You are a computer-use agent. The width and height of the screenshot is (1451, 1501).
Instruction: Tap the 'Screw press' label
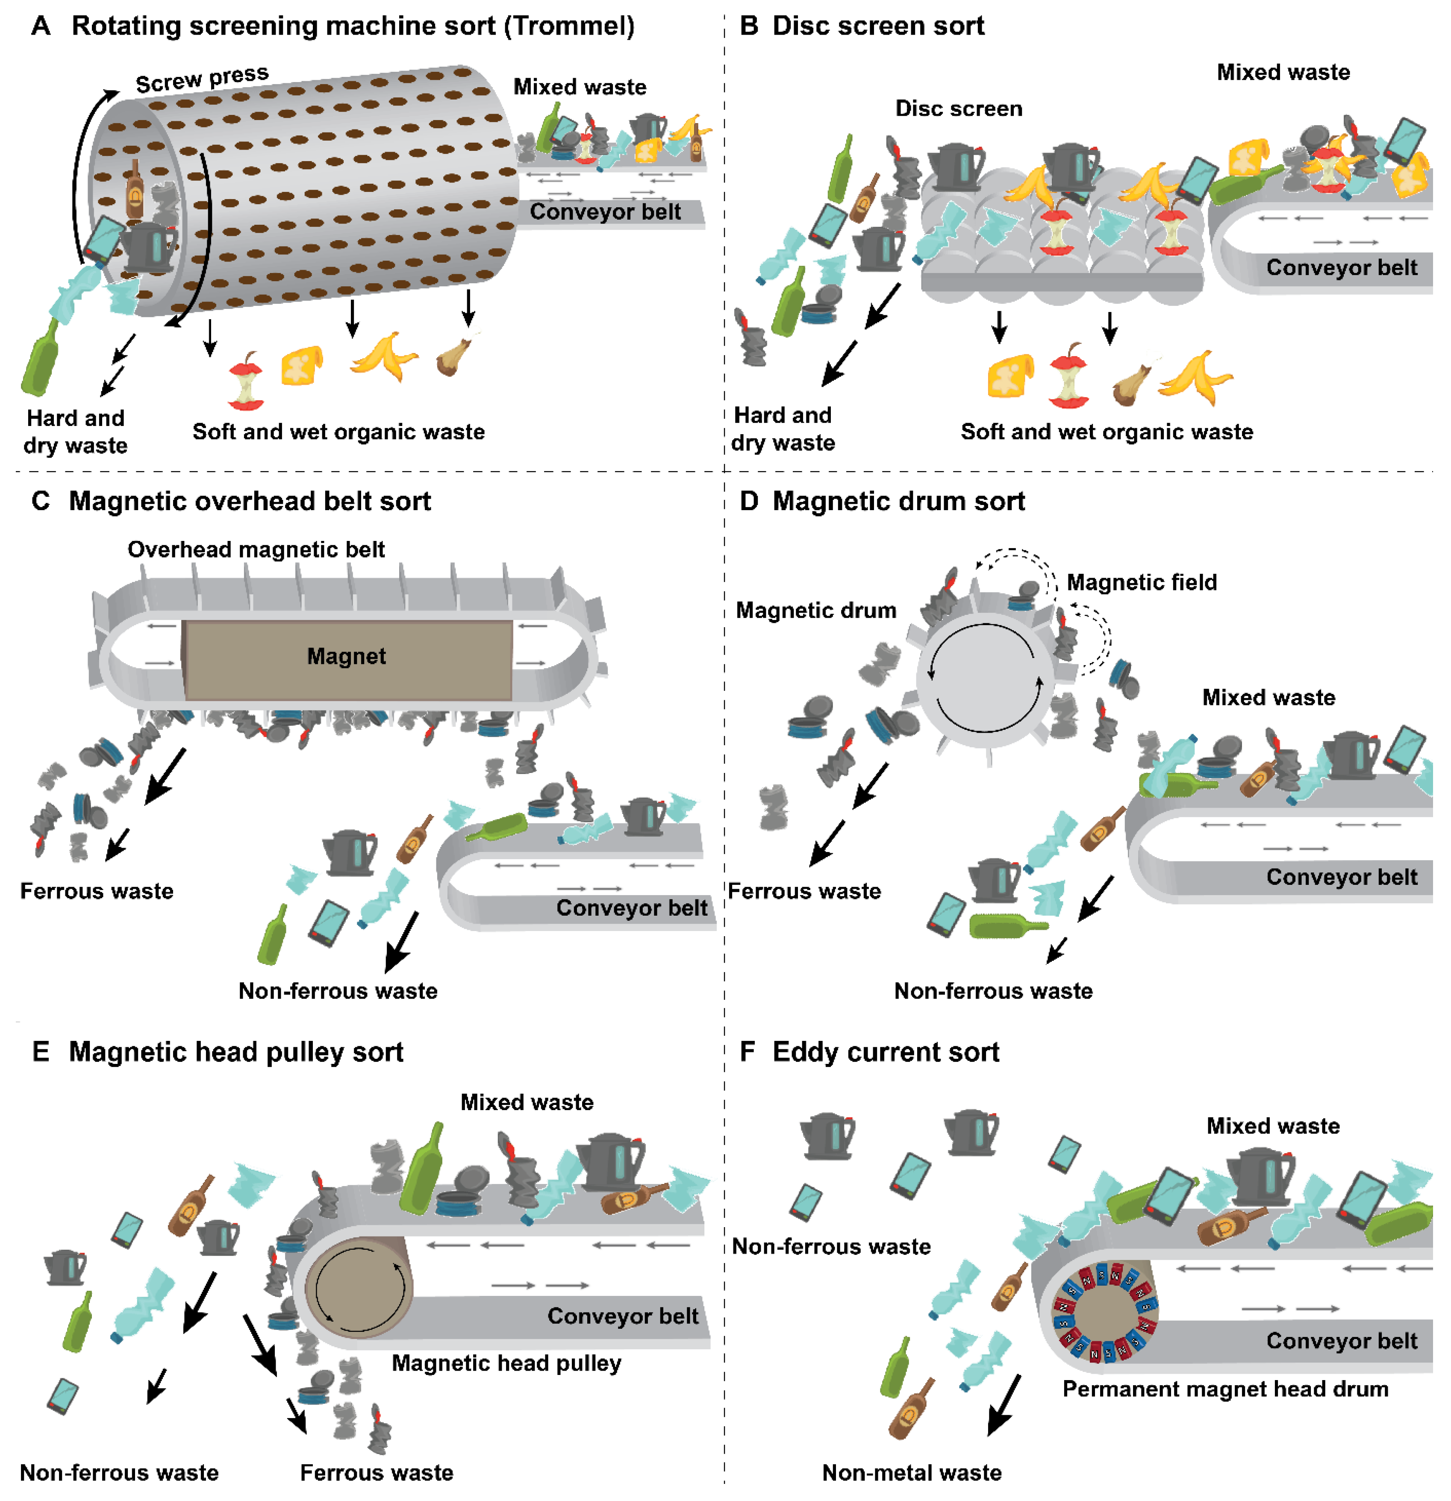coord(202,79)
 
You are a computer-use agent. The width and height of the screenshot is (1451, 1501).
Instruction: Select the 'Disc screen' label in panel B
coord(958,109)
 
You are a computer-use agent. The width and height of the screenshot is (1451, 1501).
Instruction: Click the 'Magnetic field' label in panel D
coord(1142,583)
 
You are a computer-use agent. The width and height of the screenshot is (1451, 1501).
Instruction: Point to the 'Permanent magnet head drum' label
coord(1225,1389)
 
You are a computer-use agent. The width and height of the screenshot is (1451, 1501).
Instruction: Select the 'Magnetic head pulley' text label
coord(506,1363)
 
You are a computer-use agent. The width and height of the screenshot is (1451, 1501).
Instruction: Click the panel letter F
coord(748,1052)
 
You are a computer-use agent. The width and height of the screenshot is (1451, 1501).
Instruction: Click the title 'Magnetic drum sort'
coord(898,502)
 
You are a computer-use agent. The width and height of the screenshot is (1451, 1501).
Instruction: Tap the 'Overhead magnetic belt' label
coord(256,550)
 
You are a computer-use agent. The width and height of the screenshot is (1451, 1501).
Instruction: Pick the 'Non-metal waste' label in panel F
coord(912,1473)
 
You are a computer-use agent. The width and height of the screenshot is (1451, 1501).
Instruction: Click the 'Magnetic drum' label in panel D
coord(816,611)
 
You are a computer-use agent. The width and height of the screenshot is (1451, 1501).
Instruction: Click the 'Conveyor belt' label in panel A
coord(605,212)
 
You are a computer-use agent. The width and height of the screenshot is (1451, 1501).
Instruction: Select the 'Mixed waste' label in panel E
coord(527,1103)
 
